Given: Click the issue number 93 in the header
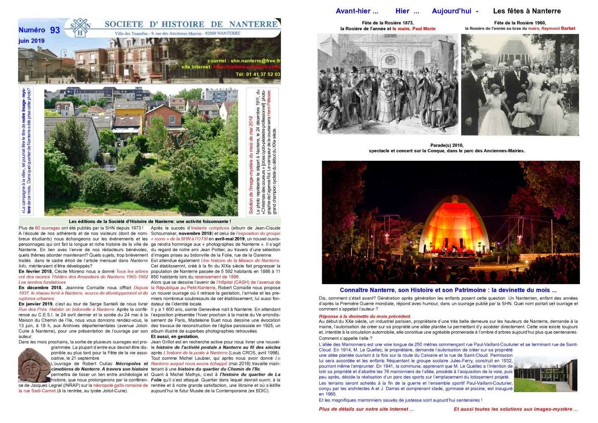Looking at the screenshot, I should point(55,30).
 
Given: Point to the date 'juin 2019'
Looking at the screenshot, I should point(31,41).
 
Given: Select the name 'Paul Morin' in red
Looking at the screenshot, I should point(424,29).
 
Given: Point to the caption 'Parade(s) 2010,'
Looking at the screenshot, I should point(447,145).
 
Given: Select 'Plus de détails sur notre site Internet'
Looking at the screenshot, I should point(366,409).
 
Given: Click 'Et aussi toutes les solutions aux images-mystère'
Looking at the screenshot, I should point(515,409).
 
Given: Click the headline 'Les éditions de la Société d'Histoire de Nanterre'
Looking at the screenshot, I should point(149,222).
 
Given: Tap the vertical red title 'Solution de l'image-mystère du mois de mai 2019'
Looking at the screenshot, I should point(251,165).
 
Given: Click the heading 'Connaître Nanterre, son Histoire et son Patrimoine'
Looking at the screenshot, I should point(448,290).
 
